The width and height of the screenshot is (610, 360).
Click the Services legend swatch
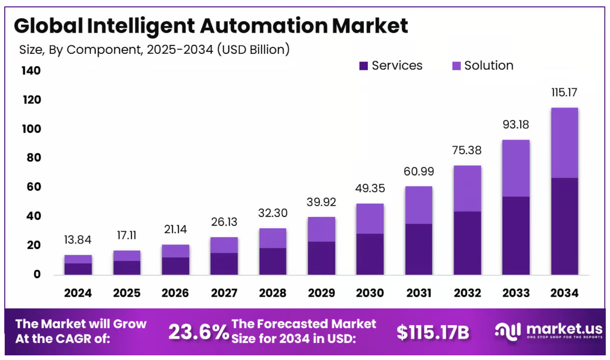click(x=363, y=66)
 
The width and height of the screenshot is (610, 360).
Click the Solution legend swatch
click(x=456, y=66)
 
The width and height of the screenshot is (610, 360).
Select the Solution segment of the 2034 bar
click(x=564, y=143)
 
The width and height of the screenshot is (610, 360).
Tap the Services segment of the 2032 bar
click(x=467, y=243)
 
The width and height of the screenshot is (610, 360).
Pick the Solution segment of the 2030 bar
click(x=370, y=219)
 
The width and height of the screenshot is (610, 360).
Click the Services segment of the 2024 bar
click(x=78, y=269)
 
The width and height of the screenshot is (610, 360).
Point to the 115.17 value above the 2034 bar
click(x=564, y=92)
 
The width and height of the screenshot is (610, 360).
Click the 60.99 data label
click(x=419, y=171)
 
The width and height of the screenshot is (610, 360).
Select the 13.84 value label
click(x=78, y=240)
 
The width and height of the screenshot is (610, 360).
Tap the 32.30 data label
click(x=273, y=213)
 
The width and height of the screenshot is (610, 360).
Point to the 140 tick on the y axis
click(x=31, y=70)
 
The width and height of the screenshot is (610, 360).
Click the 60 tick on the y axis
click(x=33, y=187)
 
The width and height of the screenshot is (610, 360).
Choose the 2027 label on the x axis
click(x=224, y=293)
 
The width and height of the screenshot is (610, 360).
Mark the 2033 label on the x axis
click(x=516, y=293)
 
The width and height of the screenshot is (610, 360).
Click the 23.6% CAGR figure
click(x=198, y=332)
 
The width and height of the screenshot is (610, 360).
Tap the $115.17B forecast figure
click(x=433, y=332)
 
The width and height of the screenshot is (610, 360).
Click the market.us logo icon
click(x=507, y=331)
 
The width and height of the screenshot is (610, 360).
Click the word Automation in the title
click(x=263, y=26)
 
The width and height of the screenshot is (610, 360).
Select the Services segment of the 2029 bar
click(x=321, y=258)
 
